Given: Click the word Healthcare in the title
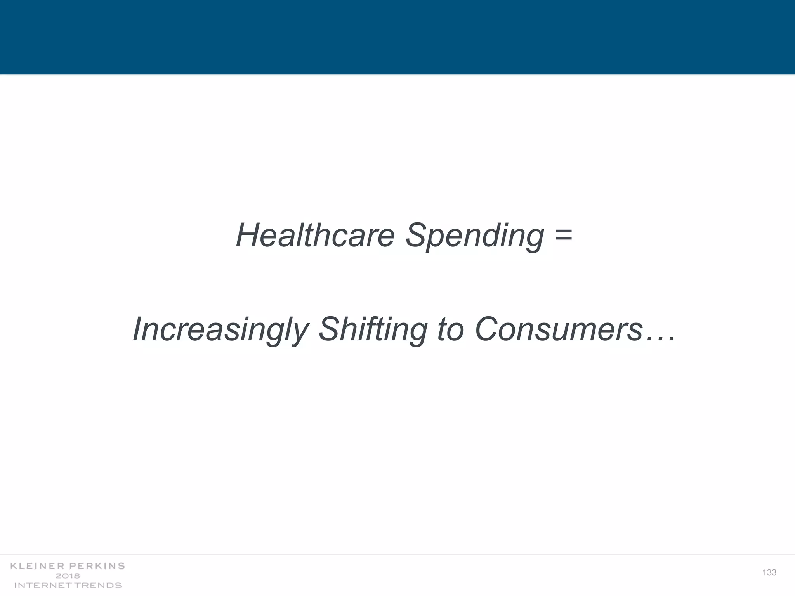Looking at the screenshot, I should pos(315,235).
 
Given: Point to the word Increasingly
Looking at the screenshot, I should pos(220,330).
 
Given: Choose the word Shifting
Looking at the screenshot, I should pos(373,330).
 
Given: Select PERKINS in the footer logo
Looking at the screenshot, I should pos(97,566).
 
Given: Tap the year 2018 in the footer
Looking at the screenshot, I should pos(68,576).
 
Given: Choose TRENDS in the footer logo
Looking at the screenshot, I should pos(99,585).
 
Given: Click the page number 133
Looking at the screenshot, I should pos(769,573).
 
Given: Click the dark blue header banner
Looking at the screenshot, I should pos(397,37).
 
